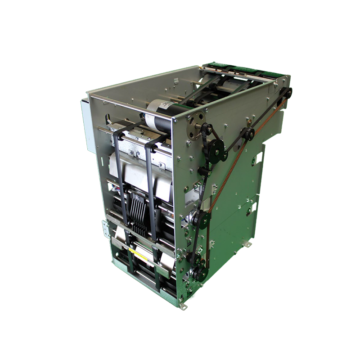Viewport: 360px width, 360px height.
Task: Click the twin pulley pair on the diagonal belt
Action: [246, 134]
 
